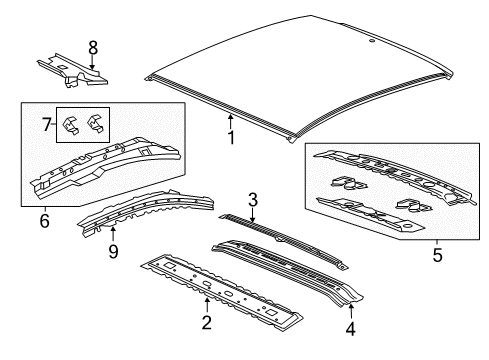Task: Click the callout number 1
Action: (231, 138)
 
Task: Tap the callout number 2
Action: (206, 321)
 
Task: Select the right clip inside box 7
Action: (96, 122)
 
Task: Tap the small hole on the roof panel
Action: (371, 42)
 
